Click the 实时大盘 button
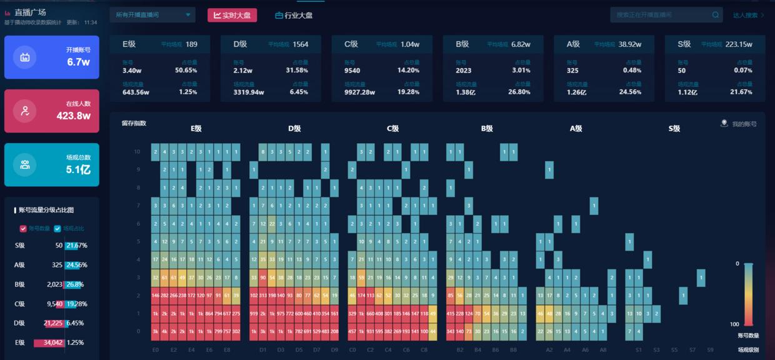232,15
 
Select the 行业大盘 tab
294,15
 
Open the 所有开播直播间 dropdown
152,15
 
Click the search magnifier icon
716,15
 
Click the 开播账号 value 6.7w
79,62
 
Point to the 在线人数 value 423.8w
74,116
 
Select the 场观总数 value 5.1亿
78,169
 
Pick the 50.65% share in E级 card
186,71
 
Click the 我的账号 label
744,124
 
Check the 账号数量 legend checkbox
24,229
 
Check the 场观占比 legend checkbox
57,229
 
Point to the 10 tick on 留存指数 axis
137,152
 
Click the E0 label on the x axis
156,351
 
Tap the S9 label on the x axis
710,351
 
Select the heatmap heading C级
392,129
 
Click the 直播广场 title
30,12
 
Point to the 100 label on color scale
735,324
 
